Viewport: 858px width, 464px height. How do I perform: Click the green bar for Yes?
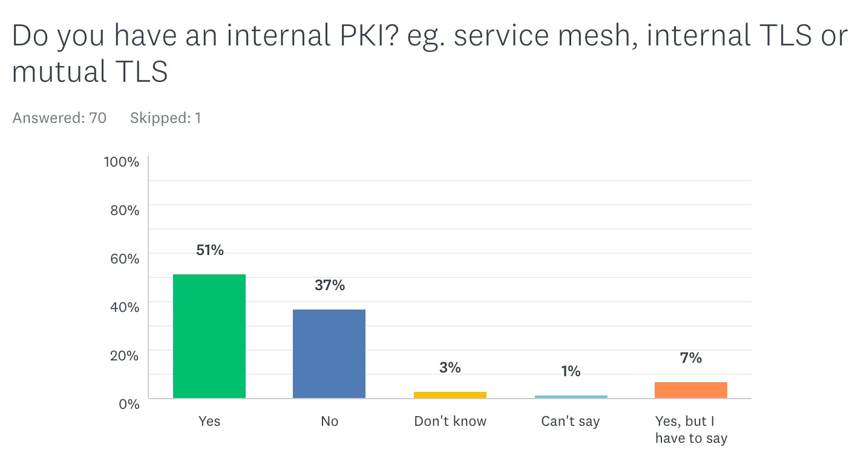(209, 336)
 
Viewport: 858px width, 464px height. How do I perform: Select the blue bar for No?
(329, 354)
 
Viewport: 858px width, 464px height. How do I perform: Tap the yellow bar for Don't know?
(450, 395)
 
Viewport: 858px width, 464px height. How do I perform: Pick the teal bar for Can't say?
(571, 397)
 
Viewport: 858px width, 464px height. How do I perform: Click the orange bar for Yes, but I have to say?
(690, 390)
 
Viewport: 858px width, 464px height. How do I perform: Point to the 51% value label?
(210, 250)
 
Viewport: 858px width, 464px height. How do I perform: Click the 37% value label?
(330, 285)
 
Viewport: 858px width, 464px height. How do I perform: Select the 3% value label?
(450, 368)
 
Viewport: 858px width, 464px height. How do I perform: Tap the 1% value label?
(571, 371)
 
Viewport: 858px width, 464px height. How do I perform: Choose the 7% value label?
(691, 358)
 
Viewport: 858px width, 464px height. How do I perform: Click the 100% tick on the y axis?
(122, 162)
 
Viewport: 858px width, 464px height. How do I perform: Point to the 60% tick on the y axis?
(124, 259)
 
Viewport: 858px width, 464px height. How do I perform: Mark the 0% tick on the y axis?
(128, 404)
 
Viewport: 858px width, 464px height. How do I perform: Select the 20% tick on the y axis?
(124, 356)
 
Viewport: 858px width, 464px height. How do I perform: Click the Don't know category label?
(450, 422)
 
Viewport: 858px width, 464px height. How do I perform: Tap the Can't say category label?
(571, 422)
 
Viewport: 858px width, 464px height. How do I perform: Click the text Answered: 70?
(59, 118)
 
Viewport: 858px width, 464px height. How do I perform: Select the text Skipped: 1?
(165, 118)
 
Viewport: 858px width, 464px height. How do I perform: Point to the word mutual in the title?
(50, 73)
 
